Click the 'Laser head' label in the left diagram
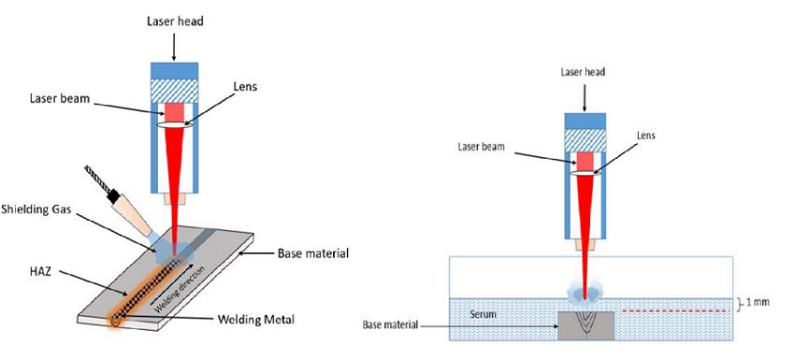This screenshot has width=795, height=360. (x=174, y=20)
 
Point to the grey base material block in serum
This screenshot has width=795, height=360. (x=585, y=325)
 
